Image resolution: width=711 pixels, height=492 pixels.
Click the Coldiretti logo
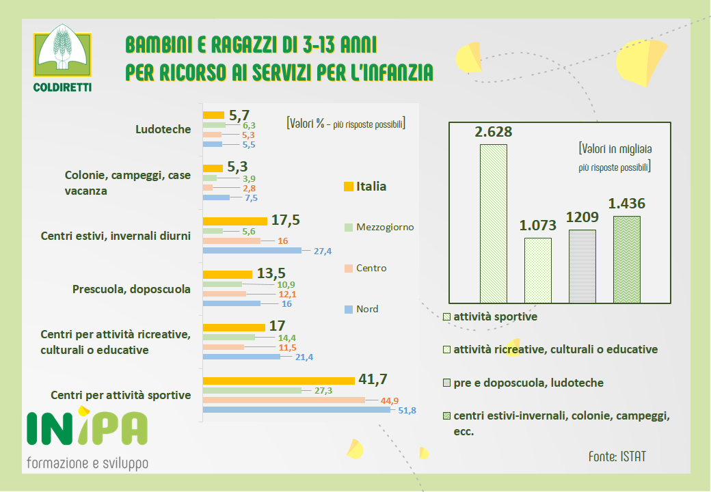[x=62, y=58]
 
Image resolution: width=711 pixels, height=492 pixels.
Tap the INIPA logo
[x=87, y=428]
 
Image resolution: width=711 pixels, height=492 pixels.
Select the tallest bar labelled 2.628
[x=493, y=223]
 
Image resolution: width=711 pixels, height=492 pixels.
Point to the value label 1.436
[x=627, y=203]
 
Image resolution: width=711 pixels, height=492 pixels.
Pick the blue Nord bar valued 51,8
[x=296, y=410]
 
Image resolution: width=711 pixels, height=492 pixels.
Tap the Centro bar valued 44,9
[x=284, y=400]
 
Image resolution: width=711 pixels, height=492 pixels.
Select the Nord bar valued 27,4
[x=252, y=251]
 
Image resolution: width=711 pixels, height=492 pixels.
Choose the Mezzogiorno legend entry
[x=378, y=227]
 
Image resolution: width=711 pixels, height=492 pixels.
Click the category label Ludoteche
[x=163, y=128]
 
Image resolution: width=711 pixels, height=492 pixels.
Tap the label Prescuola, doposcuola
[x=131, y=289]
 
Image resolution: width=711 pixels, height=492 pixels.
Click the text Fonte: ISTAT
[x=617, y=456]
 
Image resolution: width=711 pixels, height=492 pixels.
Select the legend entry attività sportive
[x=490, y=317]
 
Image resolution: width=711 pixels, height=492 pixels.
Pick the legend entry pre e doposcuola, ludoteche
[x=522, y=383]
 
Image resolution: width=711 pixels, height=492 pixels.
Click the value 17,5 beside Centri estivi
[x=286, y=220]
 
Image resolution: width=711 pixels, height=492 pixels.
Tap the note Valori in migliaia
[x=615, y=148]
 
